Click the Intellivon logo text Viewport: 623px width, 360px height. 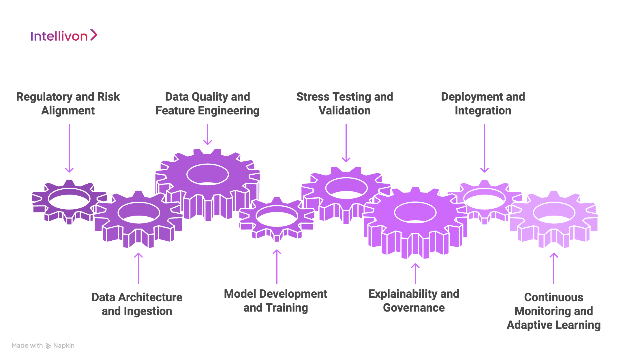coord(59,36)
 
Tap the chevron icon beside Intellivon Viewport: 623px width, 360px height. coord(94,35)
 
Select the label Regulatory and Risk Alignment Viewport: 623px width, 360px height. coord(68,103)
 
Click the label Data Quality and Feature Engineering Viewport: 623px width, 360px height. coord(207,103)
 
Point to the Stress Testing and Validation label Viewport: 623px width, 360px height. coord(345,103)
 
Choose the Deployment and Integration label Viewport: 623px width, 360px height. coord(483,103)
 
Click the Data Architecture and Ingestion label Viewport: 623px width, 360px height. coord(137,304)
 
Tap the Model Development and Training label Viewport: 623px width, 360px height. coord(276,301)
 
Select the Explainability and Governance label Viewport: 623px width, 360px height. coord(414,301)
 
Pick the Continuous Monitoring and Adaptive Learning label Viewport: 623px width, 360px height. coord(554,311)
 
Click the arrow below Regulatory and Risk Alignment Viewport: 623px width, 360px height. coord(69,148)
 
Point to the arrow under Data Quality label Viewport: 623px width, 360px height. coord(208,134)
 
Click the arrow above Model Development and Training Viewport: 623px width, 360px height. coord(277,267)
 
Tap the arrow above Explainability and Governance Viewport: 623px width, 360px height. coord(415,274)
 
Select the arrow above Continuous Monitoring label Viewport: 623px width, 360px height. coord(554,268)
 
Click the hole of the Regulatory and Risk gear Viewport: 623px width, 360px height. coord(69,199)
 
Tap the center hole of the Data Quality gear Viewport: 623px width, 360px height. coord(208,174)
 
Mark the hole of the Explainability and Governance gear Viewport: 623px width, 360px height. coord(415,212)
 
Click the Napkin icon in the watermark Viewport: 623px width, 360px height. coord(48,346)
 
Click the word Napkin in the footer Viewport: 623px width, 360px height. coord(64,345)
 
